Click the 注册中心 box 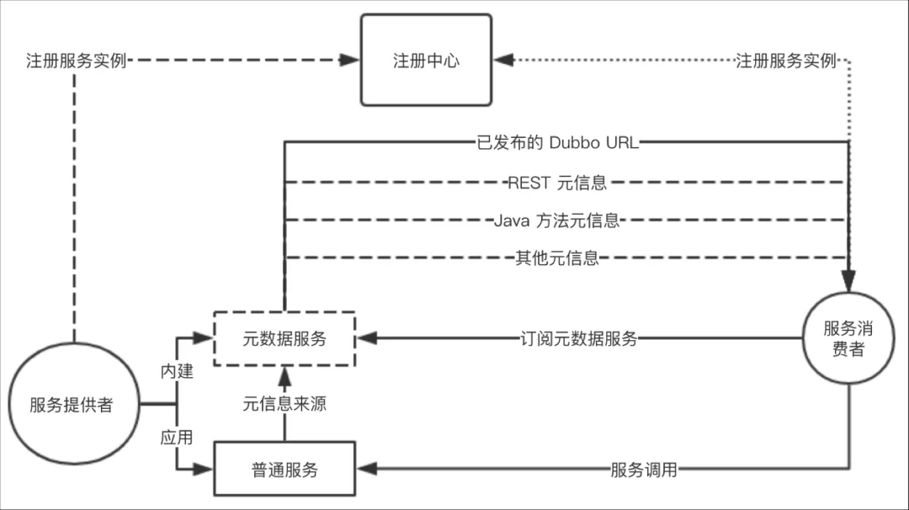click(426, 60)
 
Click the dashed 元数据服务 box click(284, 339)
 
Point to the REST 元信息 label click(557, 182)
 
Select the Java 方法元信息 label click(557, 220)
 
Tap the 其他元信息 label click(557, 258)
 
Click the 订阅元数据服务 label click(578, 339)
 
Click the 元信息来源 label click(284, 404)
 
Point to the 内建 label click(178, 371)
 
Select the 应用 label click(178, 438)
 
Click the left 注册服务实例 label click(76, 61)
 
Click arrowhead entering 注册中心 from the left click(351, 61)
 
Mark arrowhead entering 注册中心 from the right click(502, 61)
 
